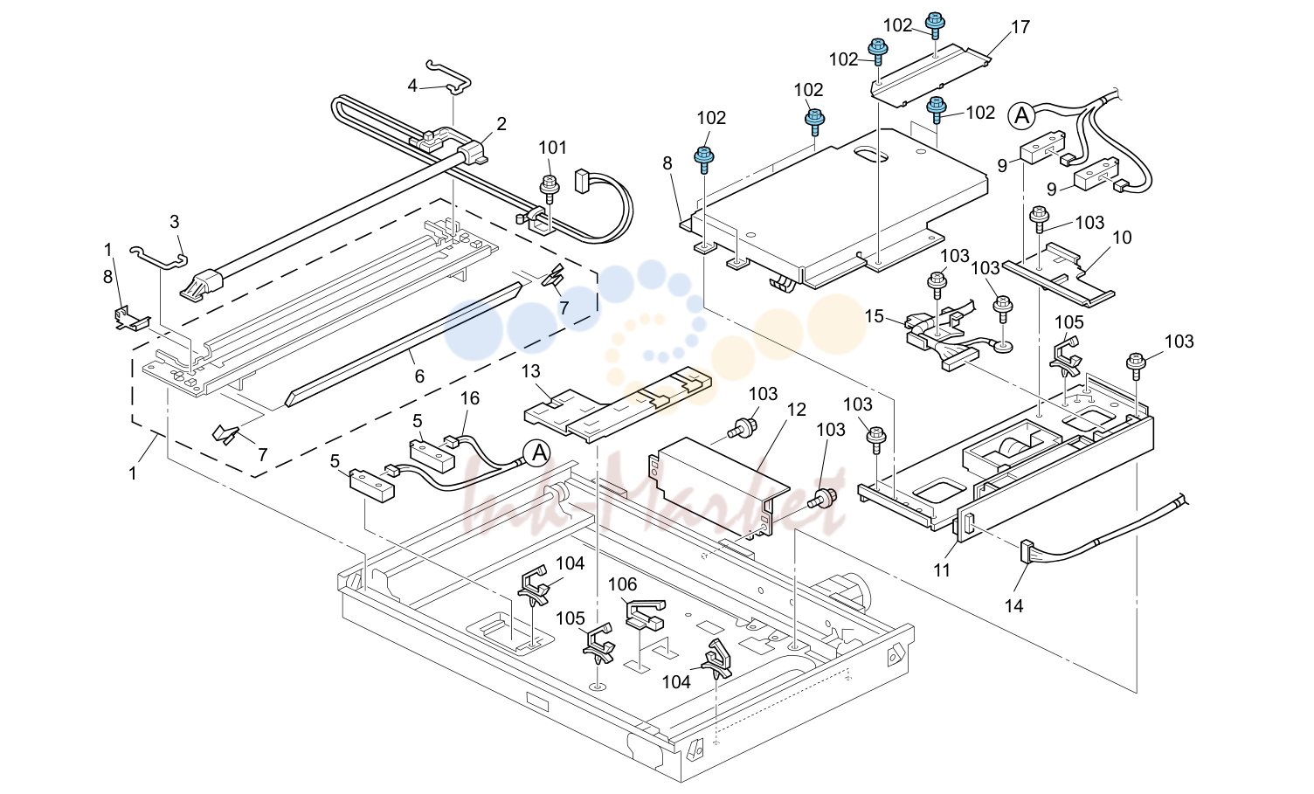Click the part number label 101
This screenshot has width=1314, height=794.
click(552, 148)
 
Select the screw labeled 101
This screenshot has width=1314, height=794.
click(550, 189)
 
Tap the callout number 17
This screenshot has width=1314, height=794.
click(1020, 27)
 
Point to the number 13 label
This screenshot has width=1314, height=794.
click(531, 371)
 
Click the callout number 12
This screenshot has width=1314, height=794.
click(797, 410)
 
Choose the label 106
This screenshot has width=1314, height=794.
click(622, 584)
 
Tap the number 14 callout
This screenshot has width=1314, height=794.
click(1013, 605)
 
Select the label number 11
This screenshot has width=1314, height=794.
click(942, 570)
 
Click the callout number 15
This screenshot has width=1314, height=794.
click(874, 316)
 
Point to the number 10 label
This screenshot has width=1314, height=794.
click(1122, 238)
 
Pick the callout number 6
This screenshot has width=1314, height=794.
click(418, 376)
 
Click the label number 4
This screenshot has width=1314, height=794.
click(411, 86)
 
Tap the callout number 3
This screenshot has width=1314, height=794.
click(174, 222)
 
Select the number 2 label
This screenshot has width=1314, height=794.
click(501, 124)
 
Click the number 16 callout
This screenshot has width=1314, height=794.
click(469, 398)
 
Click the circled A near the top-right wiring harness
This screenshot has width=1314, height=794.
click(1021, 116)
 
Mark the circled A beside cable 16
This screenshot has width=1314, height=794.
click(537, 453)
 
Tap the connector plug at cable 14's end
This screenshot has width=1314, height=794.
click(1027, 551)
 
